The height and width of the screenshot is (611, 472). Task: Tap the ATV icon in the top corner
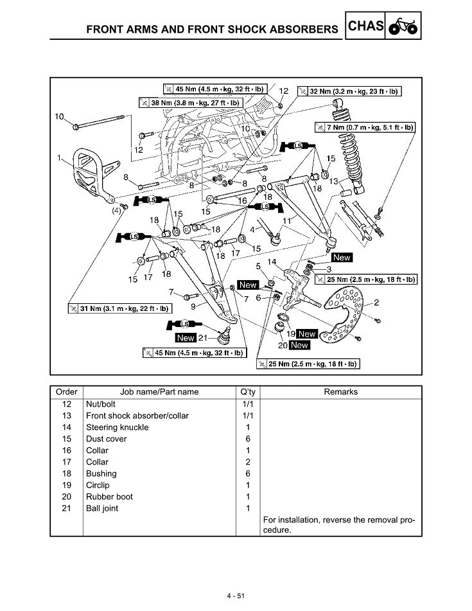(x=403, y=27)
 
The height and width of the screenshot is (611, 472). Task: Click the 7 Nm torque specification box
(x=365, y=127)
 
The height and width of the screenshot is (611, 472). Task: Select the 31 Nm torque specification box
(x=119, y=308)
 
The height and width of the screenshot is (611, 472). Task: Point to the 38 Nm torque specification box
(x=189, y=102)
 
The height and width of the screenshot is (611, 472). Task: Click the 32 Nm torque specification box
(x=349, y=91)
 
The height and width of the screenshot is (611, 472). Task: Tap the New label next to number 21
(x=186, y=338)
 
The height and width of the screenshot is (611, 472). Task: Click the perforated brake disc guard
(x=343, y=312)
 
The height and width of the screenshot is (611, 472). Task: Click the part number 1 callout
(x=59, y=157)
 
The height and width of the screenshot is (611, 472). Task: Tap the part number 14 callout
(x=272, y=262)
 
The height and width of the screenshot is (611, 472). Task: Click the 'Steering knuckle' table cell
(x=118, y=427)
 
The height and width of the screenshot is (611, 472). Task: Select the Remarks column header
(x=341, y=392)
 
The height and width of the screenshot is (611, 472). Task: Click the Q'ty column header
(x=248, y=392)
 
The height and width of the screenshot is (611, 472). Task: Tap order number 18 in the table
(x=67, y=474)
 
